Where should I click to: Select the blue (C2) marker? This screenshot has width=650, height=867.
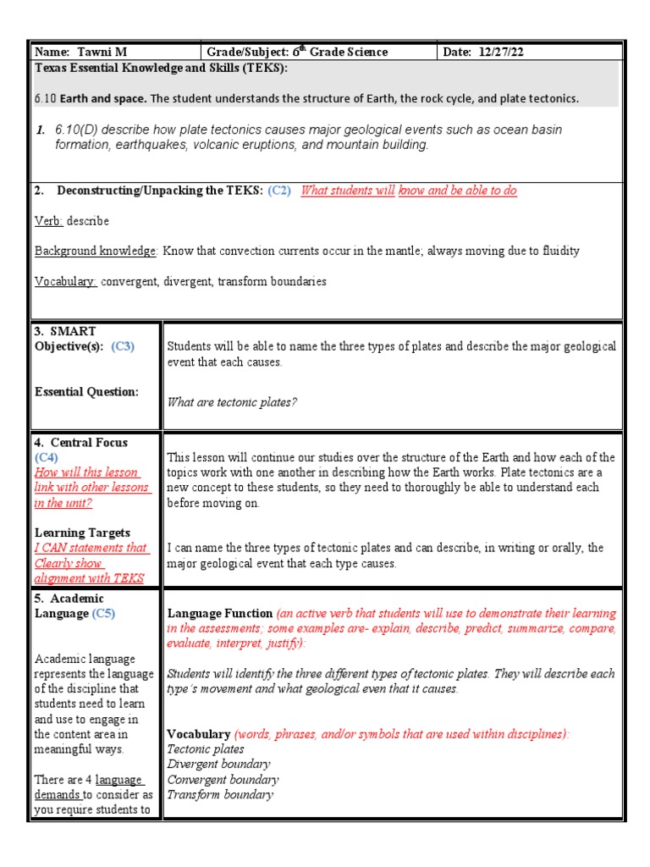[x=279, y=191]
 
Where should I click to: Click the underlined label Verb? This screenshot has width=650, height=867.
[x=49, y=221]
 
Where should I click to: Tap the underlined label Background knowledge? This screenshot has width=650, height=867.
[x=96, y=251]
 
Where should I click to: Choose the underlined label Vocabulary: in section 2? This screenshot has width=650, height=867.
[x=66, y=282]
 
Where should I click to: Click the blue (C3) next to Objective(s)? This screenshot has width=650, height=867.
[x=122, y=346]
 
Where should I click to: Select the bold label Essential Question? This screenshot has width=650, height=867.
[x=85, y=392]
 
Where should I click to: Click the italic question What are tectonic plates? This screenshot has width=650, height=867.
[x=233, y=403]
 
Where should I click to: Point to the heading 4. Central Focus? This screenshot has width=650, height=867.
[x=81, y=443]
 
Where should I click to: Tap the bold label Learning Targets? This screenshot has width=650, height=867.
[x=82, y=533]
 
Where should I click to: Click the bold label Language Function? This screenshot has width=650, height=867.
[x=219, y=613]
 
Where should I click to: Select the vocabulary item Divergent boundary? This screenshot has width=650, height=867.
[x=218, y=765]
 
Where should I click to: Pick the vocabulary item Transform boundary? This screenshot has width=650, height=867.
[x=220, y=795]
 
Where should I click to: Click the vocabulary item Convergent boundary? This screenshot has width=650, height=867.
[x=223, y=780]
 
